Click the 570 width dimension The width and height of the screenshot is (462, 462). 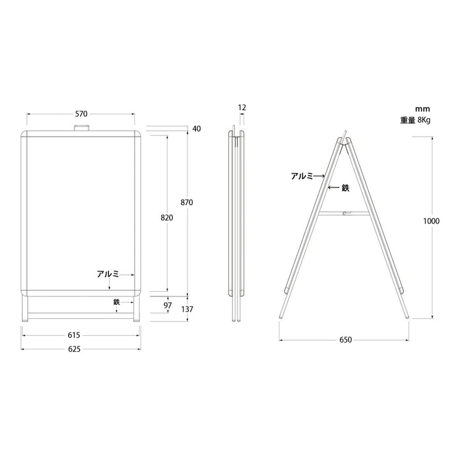click(x=81, y=114)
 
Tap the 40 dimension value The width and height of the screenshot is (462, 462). click(x=197, y=129)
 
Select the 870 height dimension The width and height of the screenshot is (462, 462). click(x=187, y=203)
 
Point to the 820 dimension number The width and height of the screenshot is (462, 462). click(x=167, y=218)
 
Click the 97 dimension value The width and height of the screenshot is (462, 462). click(x=168, y=305)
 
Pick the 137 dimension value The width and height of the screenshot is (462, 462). click(x=187, y=309)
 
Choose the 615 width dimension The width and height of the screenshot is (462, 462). click(x=74, y=335)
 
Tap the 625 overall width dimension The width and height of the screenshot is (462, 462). click(x=74, y=349)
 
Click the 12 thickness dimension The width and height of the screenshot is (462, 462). click(x=242, y=108)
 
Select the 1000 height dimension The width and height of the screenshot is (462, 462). click(x=432, y=221)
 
